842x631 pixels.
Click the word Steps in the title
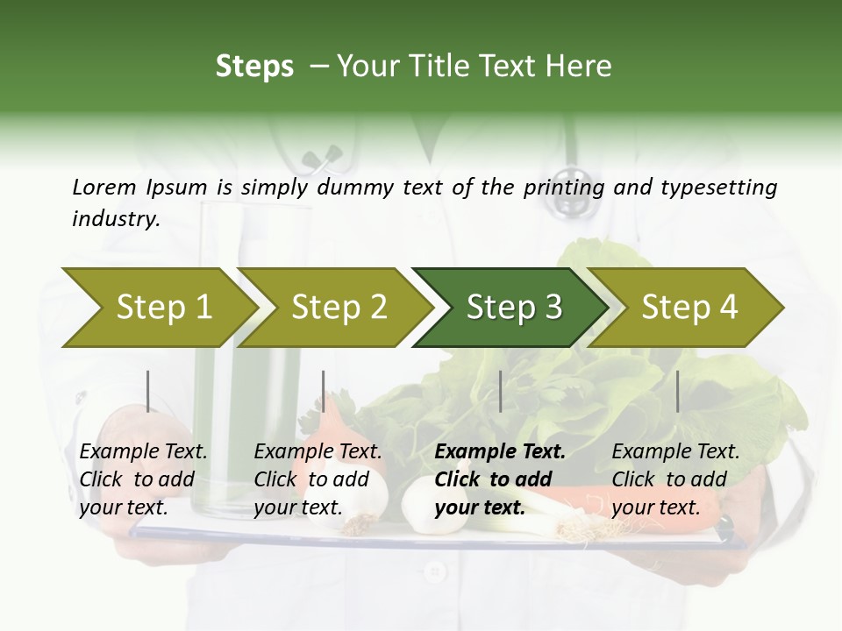tap(254, 67)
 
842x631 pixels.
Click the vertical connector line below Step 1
tap(148, 391)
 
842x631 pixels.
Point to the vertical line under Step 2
tap(324, 391)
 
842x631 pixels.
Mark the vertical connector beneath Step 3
tap(500, 391)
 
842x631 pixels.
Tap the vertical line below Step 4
tap(677, 391)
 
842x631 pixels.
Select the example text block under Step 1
tap(143, 479)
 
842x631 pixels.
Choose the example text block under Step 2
tap(318, 479)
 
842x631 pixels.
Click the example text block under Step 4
tap(675, 479)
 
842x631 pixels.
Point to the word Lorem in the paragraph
tap(103, 187)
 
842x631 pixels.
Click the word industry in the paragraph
tap(116, 219)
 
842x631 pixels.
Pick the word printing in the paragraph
tap(564, 187)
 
